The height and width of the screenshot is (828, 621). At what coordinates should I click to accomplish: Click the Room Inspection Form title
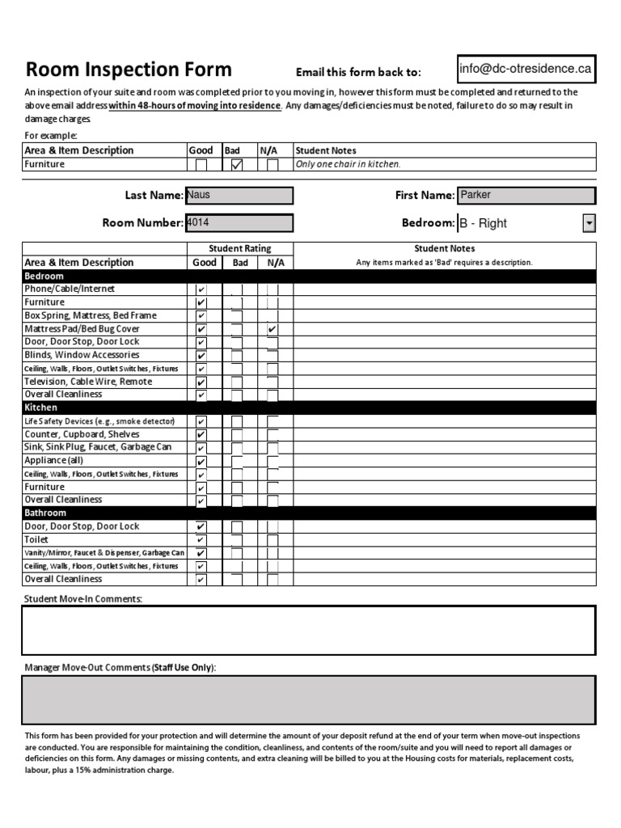tap(129, 70)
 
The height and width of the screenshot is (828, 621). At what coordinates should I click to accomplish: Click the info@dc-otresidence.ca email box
tap(525, 70)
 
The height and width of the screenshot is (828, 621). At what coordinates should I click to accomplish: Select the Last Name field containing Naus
tap(239, 195)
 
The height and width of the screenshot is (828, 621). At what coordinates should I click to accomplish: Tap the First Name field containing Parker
tap(526, 195)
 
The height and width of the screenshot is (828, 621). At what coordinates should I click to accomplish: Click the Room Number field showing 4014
tap(239, 222)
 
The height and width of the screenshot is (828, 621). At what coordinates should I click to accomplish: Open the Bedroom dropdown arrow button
tap(589, 223)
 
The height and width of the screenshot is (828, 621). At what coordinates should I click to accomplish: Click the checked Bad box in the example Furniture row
tap(236, 164)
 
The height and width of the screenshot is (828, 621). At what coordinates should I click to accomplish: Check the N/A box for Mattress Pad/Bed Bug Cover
tap(272, 329)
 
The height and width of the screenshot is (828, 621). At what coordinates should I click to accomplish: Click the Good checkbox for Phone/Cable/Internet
tap(201, 289)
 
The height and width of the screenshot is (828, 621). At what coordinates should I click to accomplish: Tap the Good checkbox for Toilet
tap(201, 540)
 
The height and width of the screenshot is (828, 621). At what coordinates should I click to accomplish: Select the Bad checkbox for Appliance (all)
tap(237, 461)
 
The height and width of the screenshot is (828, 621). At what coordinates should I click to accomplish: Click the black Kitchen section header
tap(308, 408)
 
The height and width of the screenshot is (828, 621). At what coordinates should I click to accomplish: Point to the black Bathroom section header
tap(308, 513)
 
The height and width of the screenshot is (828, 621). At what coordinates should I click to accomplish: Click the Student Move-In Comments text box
tap(308, 630)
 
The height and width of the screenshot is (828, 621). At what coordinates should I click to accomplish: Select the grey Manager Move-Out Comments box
tap(308, 700)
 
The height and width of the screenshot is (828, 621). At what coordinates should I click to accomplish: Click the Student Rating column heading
tap(240, 248)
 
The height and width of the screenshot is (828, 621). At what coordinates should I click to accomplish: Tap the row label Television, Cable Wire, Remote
tap(88, 382)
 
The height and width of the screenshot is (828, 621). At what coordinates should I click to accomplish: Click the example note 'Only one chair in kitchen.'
tap(348, 164)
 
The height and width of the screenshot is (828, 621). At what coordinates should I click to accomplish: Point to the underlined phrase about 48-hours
tap(195, 105)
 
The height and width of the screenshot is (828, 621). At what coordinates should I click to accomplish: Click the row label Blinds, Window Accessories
tap(82, 355)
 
